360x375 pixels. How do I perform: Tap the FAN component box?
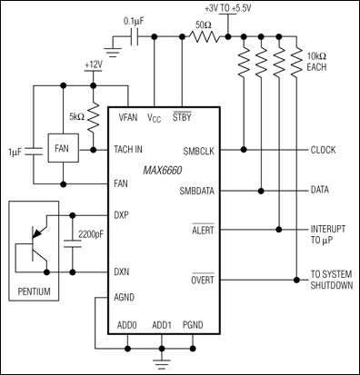tap(61, 150)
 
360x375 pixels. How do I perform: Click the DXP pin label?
tap(127, 216)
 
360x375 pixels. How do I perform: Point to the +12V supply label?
tap(94, 65)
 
